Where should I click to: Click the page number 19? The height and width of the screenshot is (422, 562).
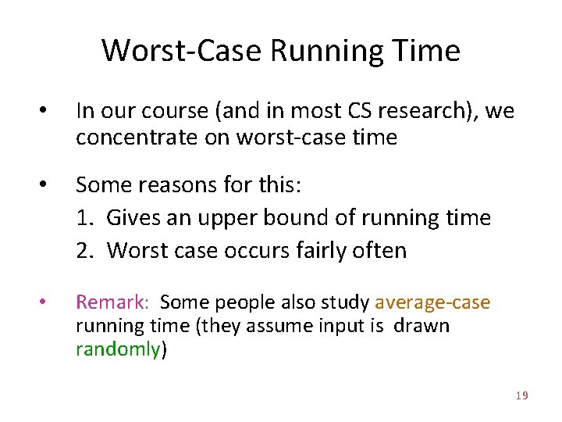click(x=521, y=396)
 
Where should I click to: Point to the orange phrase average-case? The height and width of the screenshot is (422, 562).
click(x=432, y=302)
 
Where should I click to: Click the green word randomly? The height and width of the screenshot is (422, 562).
click(x=117, y=349)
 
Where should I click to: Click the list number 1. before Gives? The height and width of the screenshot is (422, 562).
click(x=85, y=217)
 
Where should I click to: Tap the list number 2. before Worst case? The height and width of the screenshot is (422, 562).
click(x=86, y=250)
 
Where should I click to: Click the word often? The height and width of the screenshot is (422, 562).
click(x=380, y=250)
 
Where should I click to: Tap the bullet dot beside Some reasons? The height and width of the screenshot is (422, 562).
click(x=45, y=186)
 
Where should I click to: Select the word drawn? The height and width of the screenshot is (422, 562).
click(x=421, y=326)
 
